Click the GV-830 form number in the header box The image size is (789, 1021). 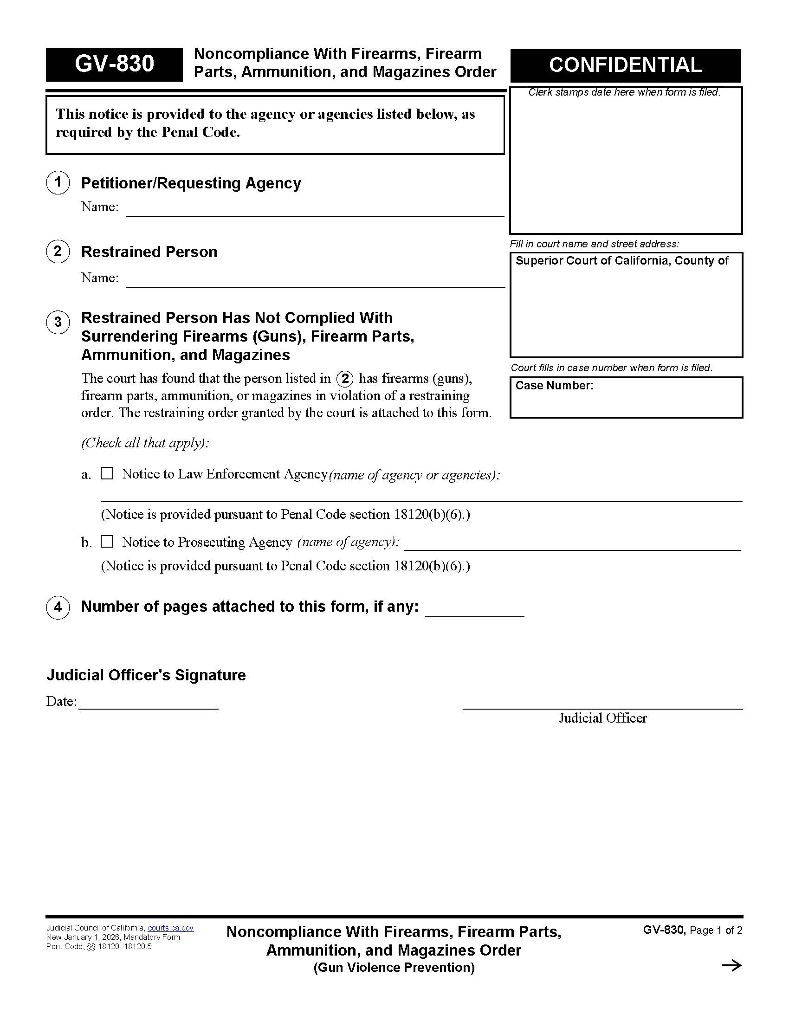[114, 64]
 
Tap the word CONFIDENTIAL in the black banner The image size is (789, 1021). [625, 65]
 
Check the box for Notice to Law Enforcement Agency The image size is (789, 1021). [107, 473]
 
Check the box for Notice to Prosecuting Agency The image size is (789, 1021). [107, 541]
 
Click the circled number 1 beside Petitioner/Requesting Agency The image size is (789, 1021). [58, 182]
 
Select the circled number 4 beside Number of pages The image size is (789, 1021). [58, 607]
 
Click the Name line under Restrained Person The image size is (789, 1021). [316, 279]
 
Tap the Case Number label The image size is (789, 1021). [554, 386]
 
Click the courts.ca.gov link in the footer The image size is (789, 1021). [171, 928]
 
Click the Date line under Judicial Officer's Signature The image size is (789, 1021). [148, 703]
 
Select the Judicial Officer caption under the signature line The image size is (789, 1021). [602, 718]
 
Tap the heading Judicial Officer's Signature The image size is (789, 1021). [146, 675]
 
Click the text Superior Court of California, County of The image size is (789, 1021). [621, 261]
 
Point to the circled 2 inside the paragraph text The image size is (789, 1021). [345, 378]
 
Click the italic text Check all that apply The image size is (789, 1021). [145, 443]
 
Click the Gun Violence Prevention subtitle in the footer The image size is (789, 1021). [394, 967]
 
